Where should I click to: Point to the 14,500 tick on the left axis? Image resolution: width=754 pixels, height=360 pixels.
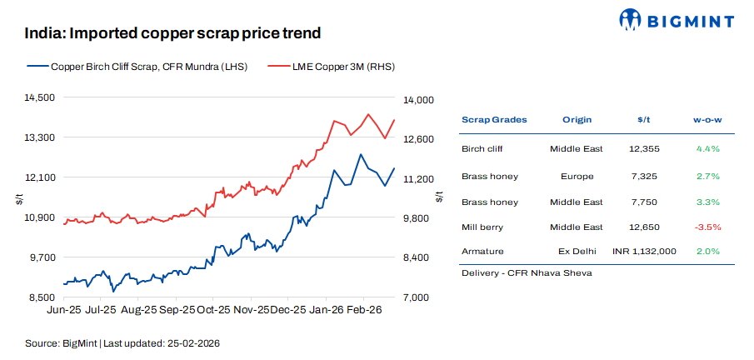pos(38,97)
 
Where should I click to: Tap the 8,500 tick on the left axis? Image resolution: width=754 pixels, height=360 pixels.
pos(41,297)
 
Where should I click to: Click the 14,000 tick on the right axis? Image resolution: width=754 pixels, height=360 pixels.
pos(418,100)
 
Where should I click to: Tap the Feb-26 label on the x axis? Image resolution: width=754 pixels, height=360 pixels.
pos(364,309)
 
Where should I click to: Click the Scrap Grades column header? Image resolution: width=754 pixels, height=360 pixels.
pos(494,119)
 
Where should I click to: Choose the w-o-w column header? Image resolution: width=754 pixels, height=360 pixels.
pos(707,119)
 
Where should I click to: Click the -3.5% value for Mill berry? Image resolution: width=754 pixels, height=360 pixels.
pos(707,227)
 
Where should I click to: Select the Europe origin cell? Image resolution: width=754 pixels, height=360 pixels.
pos(577,176)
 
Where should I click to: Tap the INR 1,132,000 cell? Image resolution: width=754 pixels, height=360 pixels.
pos(643,251)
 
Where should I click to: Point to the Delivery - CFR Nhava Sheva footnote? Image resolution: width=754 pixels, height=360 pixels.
pos(514,273)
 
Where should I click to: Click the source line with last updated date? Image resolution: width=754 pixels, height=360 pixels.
pos(122,342)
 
